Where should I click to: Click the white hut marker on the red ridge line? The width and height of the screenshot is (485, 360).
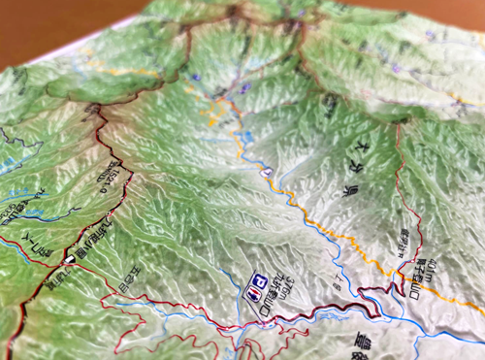click(71, 260)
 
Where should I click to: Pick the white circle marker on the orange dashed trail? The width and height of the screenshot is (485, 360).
click(264, 171)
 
